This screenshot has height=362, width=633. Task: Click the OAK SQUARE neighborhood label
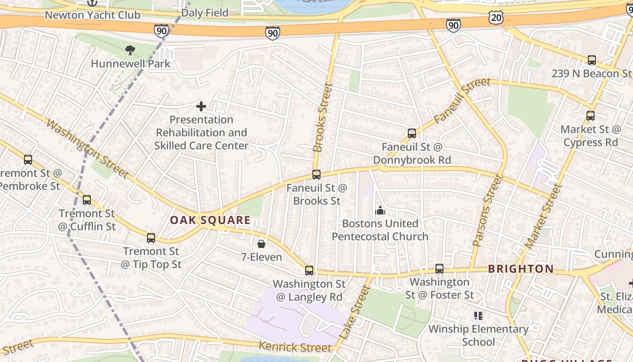210,220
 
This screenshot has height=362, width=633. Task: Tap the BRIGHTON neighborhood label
521,269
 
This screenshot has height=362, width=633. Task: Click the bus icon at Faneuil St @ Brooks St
316,174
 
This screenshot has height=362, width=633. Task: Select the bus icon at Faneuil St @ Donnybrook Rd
411,133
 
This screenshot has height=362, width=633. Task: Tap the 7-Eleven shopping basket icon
261,244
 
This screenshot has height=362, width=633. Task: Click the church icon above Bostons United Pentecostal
380,210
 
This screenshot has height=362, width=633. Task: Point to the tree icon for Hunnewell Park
130,50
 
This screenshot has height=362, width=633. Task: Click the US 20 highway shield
496,17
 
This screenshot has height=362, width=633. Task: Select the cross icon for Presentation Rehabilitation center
201,106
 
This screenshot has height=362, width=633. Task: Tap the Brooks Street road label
323,118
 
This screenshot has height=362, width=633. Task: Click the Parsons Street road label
488,210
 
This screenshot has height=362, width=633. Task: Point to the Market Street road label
543,216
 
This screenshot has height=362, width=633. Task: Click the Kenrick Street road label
295,347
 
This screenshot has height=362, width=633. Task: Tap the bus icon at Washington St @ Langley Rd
309,270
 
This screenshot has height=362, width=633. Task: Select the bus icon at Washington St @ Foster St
439,268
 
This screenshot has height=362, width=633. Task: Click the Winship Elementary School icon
478,315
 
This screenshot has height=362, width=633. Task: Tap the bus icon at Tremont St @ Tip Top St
151,238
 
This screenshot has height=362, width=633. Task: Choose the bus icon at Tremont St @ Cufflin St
86,200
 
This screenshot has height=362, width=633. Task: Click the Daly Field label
204,13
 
